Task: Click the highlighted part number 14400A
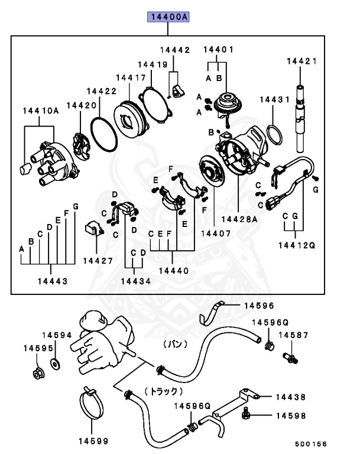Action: (168, 18)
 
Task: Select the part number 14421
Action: (302, 60)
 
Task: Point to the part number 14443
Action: (50, 281)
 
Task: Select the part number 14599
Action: (93, 440)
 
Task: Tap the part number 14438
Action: (290, 397)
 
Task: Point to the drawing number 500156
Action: (310, 444)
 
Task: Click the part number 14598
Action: (290, 416)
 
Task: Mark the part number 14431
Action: (275, 100)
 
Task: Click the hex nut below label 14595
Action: (37, 374)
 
